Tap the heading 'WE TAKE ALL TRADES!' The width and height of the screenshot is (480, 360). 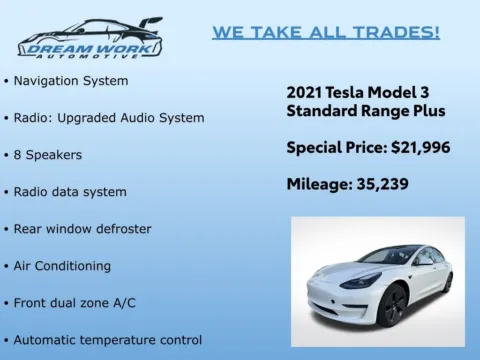[x=326, y=32]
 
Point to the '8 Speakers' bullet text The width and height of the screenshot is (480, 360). [x=47, y=155]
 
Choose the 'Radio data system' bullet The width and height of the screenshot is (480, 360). [x=70, y=192]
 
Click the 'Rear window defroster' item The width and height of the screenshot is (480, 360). [x=82, y=229]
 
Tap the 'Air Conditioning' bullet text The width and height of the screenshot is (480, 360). [x=62, y=266]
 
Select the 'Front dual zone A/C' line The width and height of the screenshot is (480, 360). [x=74, y=303]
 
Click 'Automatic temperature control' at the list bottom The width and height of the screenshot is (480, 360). [x=107, y=340]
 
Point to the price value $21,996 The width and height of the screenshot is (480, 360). [x=419, y=148]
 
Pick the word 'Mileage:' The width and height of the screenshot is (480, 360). [x=319, y=184]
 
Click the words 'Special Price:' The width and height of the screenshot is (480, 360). [x=336, y=148]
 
